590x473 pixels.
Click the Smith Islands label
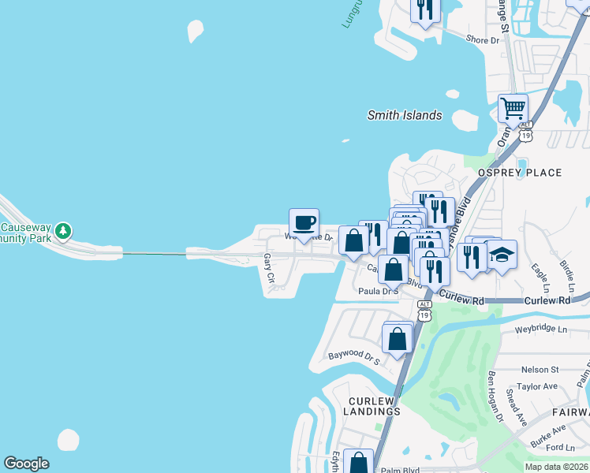tap(405, 115)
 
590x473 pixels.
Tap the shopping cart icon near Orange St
tap(513, 108)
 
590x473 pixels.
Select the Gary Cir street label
tap(269, 268)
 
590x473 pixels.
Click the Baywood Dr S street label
tap(354, 358)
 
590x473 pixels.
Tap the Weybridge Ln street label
tap(540, 329)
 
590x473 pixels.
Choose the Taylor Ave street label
tap(537, 386)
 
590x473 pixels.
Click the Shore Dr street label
tap(484, 39)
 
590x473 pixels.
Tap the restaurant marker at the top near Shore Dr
tap(425, 9)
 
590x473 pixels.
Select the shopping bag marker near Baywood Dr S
tap(397, 339)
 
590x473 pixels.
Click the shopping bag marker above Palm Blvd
tap(359, 463)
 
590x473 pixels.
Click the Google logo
tap(27, 464)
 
